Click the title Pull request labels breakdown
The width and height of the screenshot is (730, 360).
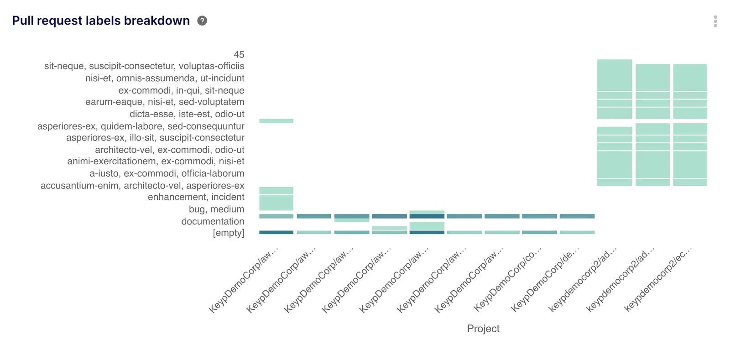(101, 21)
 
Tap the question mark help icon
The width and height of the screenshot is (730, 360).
(202, 21)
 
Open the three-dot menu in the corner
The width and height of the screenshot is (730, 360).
(715, 21)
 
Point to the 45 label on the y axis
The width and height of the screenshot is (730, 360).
(239, 55)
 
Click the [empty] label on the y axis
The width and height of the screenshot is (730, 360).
(228, 233)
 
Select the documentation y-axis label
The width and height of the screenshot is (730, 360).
(213, 221)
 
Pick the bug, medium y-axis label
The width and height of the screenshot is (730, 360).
(216, 209)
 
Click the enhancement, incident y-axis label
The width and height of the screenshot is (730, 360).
(196, 197)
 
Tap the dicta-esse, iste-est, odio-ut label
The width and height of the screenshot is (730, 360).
(187, 114)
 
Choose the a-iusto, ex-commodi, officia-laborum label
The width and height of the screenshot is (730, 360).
(167, 173)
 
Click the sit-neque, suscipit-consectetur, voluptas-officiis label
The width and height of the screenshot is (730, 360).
(144, 66)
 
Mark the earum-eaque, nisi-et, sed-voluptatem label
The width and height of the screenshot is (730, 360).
(165, 102)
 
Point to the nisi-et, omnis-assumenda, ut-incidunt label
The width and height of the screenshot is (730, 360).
(165, 78)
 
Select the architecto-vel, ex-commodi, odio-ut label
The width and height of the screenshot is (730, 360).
(169, 150)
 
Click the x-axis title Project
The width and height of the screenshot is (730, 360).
(483, 329)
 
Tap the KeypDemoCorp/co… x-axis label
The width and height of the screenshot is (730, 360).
(508, 279)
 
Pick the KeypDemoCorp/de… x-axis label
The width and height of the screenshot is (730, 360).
(545, 279)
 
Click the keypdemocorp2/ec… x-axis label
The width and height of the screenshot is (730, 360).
(658, 279)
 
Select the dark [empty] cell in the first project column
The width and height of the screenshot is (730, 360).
(276, 232)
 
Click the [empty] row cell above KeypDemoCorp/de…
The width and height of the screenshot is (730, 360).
(577, 232)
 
